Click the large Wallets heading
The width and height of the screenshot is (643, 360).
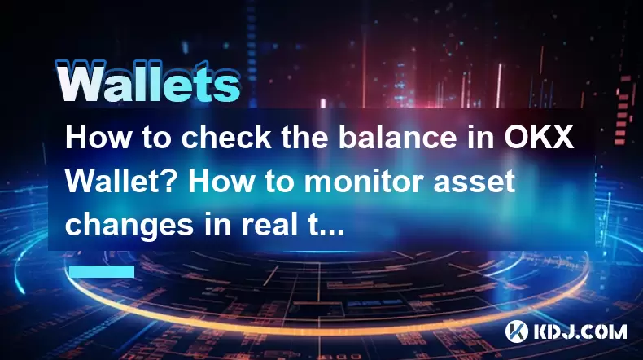point(148,81)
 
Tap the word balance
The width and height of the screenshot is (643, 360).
point(397,138)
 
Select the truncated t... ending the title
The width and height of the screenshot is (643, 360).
point(326,226)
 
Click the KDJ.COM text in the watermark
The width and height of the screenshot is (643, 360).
point(580,331)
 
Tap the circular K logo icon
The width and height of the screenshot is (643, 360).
point(517,331)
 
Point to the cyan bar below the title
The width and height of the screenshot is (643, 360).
point(102,271)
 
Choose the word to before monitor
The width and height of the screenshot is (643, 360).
point(279,182)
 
